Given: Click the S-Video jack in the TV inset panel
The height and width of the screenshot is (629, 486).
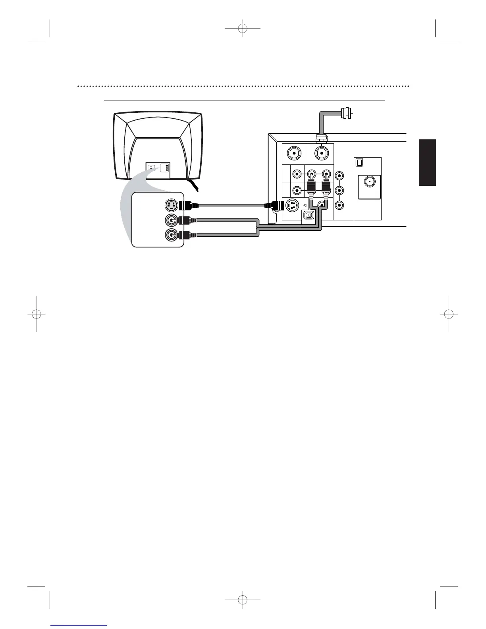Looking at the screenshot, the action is point(171,206).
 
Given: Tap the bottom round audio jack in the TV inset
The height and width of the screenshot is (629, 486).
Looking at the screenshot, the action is point(171,235).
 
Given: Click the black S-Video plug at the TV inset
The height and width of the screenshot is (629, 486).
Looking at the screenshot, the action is point(185,206).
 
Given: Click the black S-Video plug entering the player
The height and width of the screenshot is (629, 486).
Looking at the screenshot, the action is point(276,206).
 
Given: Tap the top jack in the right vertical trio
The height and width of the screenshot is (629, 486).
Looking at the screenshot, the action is point(339,175).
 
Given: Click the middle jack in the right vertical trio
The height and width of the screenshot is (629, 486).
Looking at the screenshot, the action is point(339,190).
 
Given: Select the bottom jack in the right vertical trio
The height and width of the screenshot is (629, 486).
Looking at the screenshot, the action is point(339,206).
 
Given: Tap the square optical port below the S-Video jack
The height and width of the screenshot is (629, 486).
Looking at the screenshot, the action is point(308,215).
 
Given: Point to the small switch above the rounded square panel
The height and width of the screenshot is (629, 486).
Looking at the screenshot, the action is point(359,162).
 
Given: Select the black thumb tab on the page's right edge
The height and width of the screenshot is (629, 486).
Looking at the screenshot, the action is point(427,162).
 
